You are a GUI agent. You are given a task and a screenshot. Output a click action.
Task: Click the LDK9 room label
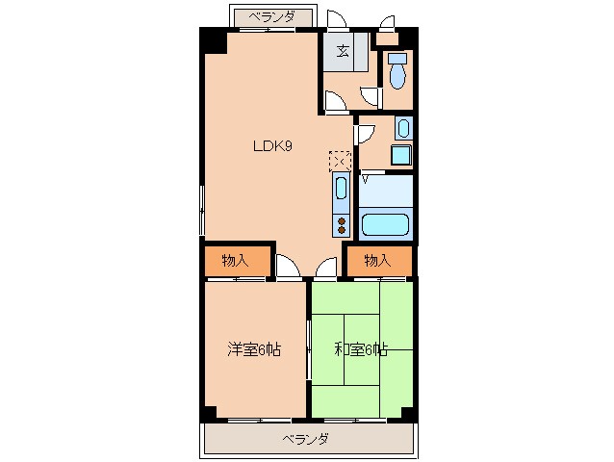(272, 146)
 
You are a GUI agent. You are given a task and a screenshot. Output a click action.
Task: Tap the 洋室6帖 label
(254, 350)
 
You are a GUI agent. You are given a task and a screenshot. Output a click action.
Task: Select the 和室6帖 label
(360, 350)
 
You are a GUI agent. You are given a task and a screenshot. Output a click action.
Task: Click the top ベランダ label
(272, 16)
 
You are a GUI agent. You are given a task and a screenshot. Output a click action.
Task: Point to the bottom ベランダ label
(306, 439)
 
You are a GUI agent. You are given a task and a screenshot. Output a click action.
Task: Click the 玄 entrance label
(343, 50)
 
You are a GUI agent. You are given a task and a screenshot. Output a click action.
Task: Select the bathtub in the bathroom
(385, 225)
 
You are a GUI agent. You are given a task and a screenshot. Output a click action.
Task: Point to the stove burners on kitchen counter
(342, 225)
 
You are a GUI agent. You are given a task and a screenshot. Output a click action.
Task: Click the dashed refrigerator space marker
(341, 160)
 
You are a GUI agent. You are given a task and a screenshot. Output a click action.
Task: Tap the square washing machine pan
(400, 155)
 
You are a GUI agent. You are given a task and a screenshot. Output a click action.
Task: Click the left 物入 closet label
(234, 260)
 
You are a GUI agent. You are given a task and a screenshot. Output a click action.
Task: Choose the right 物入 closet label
(377, 260)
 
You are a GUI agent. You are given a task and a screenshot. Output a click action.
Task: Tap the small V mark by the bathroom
(365, 178)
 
